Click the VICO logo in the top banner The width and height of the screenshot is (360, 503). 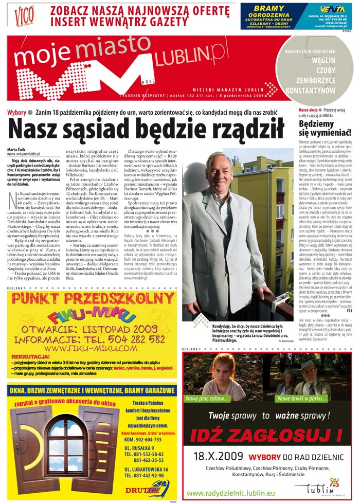24,16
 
